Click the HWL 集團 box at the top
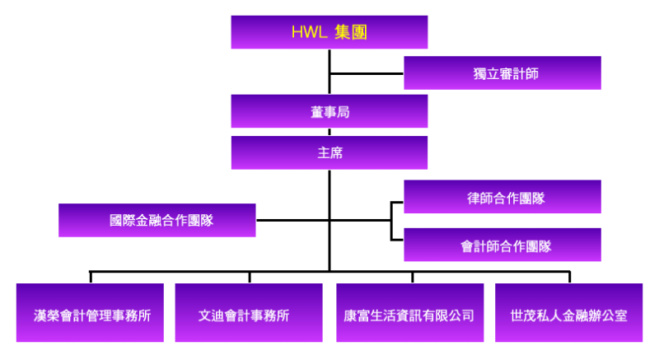pos(329,32)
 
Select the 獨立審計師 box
pos(502,73)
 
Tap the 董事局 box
pos(329,111)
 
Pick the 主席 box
pos(329,153)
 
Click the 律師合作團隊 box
pos(502,197)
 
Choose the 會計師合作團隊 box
pos(502,245)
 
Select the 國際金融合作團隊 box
pos(157,221)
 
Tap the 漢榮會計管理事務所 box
pos(90,312)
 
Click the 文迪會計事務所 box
pos(249,312)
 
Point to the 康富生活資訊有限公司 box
pos(409,312)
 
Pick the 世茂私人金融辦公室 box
pos(568,312)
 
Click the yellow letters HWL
pos(310,32)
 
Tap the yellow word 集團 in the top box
pos(352,32)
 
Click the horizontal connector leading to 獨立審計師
pos(367,74)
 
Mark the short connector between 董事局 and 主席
pos(329,132)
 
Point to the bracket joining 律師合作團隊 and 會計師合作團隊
pos(392,221)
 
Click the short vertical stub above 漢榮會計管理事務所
pos(91,278)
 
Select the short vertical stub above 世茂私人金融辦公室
pos(569,278)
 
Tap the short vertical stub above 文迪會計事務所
pos(250,278)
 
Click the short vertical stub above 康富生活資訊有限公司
pos(413,278)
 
